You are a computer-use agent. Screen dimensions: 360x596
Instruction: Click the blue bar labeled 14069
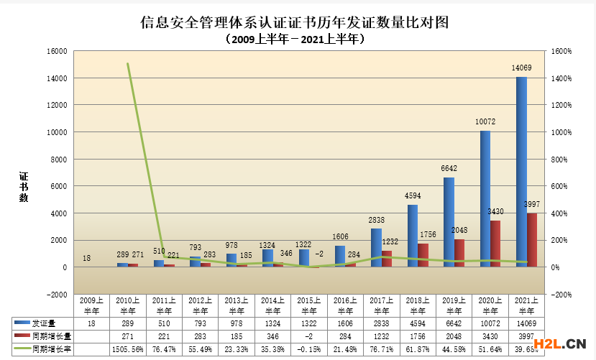pos(521,172)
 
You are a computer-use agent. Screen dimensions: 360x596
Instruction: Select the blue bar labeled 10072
pos(485,199)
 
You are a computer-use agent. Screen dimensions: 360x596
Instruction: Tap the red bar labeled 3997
pos(532,240)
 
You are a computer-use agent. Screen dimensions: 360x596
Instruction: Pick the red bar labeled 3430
pos(496,244)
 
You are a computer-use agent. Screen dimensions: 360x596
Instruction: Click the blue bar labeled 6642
pos(449,222)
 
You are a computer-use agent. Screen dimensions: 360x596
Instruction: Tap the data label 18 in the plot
pos(86,258)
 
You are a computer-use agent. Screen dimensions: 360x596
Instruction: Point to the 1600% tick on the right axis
pos(563,51)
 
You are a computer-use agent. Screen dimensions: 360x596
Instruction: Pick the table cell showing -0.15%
pos(310,349)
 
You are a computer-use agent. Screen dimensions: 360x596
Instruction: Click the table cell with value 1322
pos(310,325)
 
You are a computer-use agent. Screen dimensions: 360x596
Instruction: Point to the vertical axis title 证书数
pos(24,187)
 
